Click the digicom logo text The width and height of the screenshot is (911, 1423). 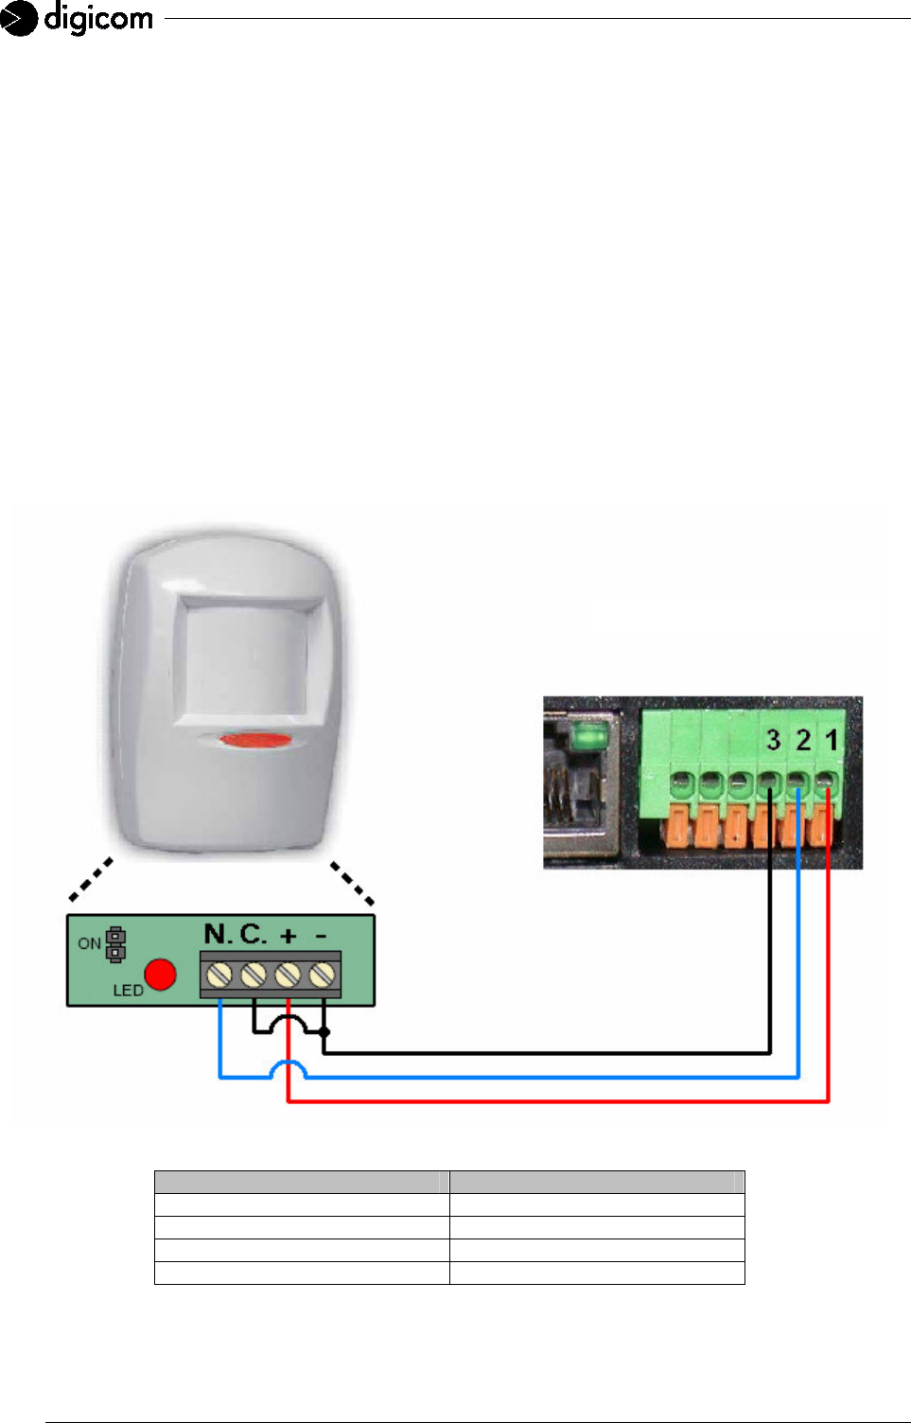point(97,18)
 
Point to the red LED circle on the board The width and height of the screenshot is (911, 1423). point(161,975)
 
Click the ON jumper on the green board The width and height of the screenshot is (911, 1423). point(115,943)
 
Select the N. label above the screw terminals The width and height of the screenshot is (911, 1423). point(218,935)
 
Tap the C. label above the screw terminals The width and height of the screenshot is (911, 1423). point(253,935)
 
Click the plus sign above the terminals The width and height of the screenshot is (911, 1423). point(289,936)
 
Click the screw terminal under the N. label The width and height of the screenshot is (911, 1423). point(219,974)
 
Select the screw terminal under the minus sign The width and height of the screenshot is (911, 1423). point(323,974)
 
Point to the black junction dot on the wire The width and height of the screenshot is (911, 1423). point(324,1032)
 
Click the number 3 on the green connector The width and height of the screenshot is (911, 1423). point(774,740)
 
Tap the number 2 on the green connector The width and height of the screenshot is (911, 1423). point(803,740)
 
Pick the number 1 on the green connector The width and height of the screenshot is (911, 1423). point(832,740)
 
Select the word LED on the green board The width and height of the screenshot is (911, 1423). point(128,991)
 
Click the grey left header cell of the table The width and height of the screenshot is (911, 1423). point(302,1182)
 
